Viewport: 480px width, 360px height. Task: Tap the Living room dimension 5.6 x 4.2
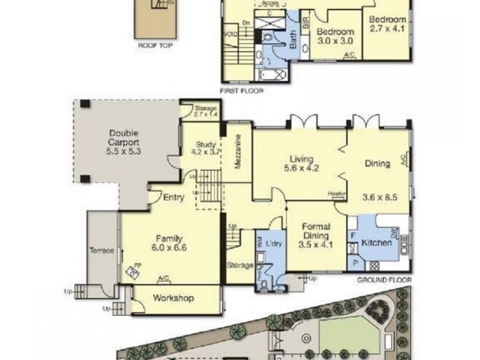301,169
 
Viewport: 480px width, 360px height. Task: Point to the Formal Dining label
314,230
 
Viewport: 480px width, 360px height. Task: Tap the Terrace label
101,251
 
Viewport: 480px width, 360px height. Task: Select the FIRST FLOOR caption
242,91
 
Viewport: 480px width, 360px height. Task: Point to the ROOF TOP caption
152,44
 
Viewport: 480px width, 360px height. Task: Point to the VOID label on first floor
230,34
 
